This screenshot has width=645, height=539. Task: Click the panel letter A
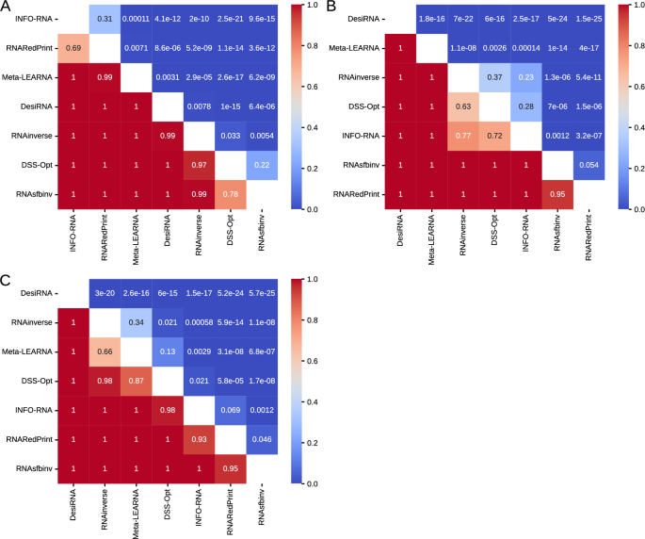pyautogui.click(x=7, y=8)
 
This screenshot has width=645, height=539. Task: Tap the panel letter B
pyautogui.click(x=331, y=8)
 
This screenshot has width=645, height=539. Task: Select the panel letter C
pyautogui.click(x=7, y=282)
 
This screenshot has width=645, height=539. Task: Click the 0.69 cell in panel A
pyautogui.click(x=73, y=46)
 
